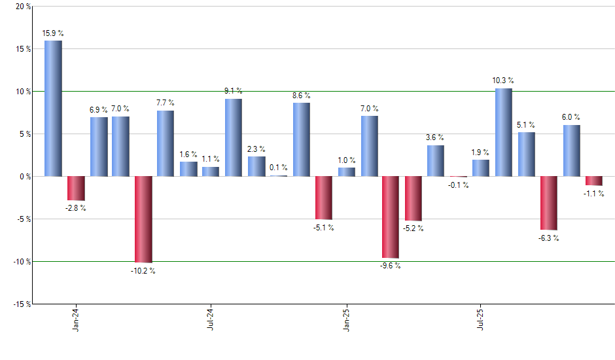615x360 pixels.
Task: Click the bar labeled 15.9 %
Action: [53, 109]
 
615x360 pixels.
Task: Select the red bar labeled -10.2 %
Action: [143, 219]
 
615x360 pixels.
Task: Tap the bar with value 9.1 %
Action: [234, 137]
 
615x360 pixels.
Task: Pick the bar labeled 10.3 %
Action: [503, 132]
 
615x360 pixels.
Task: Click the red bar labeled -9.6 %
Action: [391, 217]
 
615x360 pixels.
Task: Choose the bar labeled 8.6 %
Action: [301, 139]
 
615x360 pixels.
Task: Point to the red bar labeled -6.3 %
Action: [548, 203]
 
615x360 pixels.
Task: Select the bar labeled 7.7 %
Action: [166, 143]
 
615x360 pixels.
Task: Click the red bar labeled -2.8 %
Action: [76, 188]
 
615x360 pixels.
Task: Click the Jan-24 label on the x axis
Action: [76, 319]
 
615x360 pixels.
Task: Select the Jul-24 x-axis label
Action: [211, 319]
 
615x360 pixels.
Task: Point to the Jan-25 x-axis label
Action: [346, 319]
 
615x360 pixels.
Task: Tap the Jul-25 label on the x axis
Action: [481, 319]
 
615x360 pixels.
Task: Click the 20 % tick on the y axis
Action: [23, 7]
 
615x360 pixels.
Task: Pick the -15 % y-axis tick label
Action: [22, 304]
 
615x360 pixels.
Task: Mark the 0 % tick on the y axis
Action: [26, 177]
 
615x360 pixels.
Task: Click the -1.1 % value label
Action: [593, 194]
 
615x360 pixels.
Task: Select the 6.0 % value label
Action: [571, 118]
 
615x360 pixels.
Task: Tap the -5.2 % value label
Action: [413, 228]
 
